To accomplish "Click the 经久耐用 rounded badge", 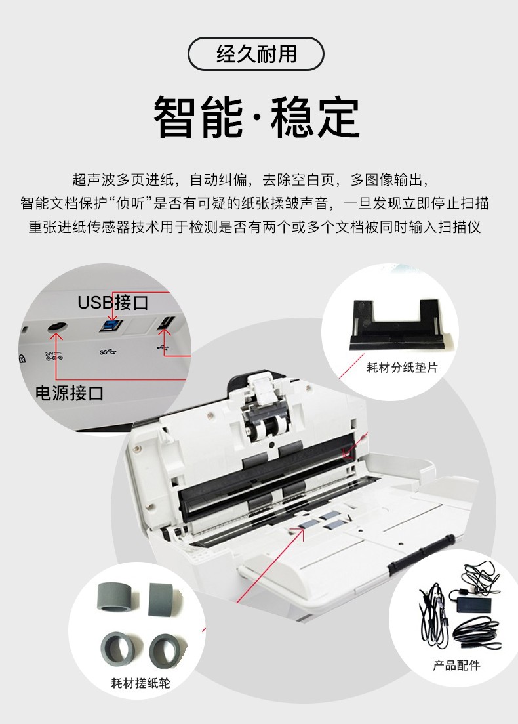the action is point(256,54).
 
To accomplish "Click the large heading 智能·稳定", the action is point(256,117).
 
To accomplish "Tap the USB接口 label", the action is point(113,303).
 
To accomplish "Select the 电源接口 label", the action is point(70,393).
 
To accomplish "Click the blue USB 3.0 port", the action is point(111,325).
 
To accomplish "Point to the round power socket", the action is point(57,327).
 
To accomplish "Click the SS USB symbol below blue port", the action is point(108,352).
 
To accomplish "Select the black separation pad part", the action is point(397,326).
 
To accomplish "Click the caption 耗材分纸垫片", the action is point(402,368).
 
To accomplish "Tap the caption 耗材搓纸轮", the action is point(140,683).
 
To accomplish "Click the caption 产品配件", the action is point(456,666).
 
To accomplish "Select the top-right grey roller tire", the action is point(162,599).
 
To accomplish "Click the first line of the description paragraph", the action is point(251,180).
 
